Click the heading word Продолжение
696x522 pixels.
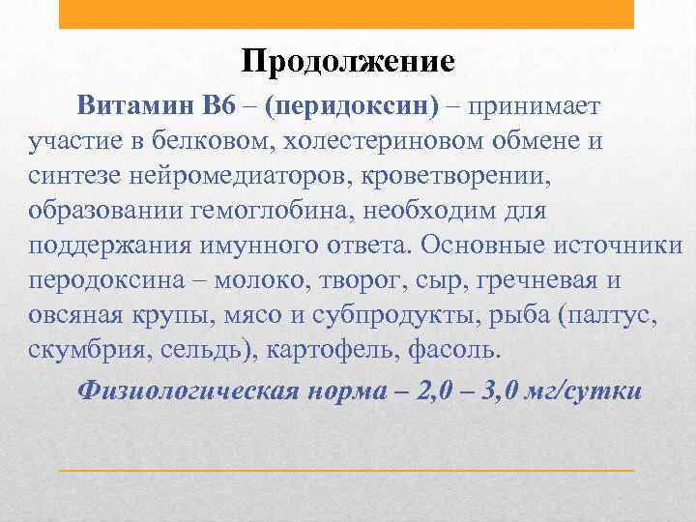pos(347,62)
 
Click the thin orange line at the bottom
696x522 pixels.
pos(347,469)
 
